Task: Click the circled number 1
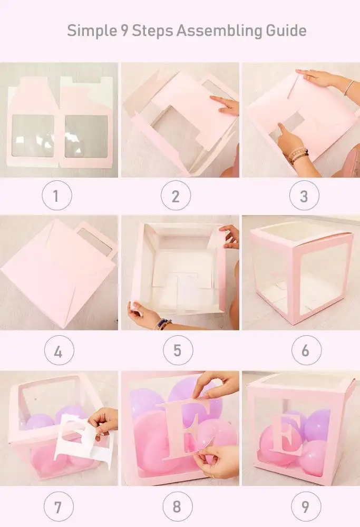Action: [x=57, y=196]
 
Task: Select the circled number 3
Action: [x=304, y=196]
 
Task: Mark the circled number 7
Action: [x=57, y=507]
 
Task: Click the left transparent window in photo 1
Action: [x=33, y=136]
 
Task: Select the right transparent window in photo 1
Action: [x=87, y=136]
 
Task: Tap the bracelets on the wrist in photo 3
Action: [x=298, y=155]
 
